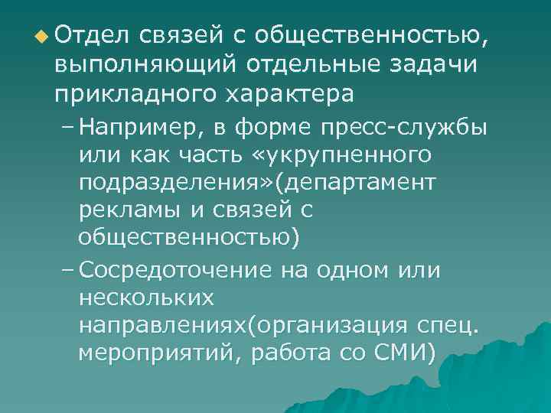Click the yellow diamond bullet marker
click(39, 36)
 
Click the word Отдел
click(91, 34)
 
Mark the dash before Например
click(68, 127)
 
